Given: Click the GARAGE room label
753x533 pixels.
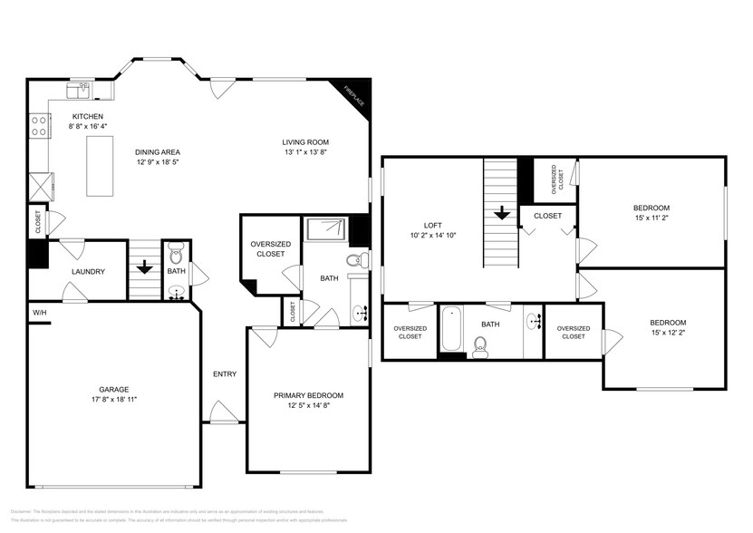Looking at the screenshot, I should [113, 389].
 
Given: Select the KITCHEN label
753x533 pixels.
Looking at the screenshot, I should [88, 116].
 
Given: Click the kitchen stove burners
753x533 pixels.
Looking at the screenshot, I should [39, 125].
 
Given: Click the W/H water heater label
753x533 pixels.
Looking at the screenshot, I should [40, 314].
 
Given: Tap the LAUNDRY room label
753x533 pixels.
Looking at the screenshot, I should [89, 271].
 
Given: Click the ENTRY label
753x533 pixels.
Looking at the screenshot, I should [225, 374].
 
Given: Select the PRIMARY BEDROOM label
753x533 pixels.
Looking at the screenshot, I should [308, 395].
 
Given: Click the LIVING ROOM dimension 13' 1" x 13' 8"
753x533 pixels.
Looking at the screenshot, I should [304, 153].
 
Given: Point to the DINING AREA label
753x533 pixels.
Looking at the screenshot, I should [158, 151].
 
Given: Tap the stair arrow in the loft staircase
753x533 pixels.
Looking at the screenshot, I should [499, 215].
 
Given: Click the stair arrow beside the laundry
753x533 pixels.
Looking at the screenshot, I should [143, 267].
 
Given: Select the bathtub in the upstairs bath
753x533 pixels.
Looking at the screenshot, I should [451, 330].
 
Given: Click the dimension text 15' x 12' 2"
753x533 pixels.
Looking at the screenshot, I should [668, 334].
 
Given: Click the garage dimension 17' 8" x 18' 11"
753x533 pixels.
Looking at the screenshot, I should [113, 399].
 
